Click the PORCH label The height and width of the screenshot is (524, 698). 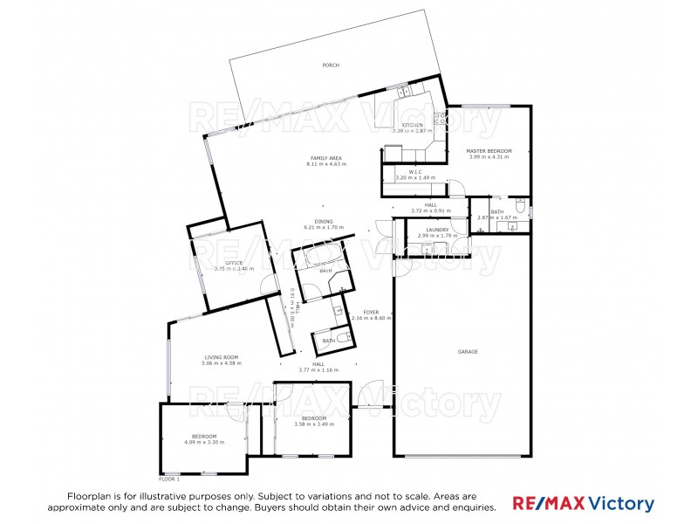pyautogui.click(x=330, y=65)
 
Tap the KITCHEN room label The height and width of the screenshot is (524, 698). pyautogui.click(x=413, y=125)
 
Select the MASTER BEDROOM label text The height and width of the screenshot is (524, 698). pyautogui.click(x=489, y=151)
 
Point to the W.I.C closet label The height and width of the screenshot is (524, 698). pyautogui.click(x=415, y=171)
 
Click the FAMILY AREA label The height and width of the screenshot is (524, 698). pyautogui.click(x=326, y=158)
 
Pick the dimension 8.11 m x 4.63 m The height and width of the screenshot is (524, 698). pyautogui.click(x=326, y=164)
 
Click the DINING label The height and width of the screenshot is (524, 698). pyautogui.click(x=325, y=221)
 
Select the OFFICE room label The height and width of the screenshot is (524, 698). pyautogui.click(x=234, y=263)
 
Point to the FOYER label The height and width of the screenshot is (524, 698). pyautogui.click(x=371, y=312)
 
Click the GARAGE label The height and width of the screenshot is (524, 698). pyautogui.click(x=468, y=352)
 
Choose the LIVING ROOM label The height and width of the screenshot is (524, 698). pyautogui.click(x=222, y=357)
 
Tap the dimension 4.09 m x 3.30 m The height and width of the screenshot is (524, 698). pyautogui.click(x=204, y=442)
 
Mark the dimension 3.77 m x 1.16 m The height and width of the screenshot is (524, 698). pyautogui.click(x=318, y=370)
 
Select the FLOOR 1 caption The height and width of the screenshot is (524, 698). pyautogui.click(x=168, y=479)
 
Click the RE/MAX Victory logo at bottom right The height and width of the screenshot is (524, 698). pyautogui.click(x=583, y=503)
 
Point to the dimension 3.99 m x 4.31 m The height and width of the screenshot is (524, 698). pyautogui.click(x=489, y=157)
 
